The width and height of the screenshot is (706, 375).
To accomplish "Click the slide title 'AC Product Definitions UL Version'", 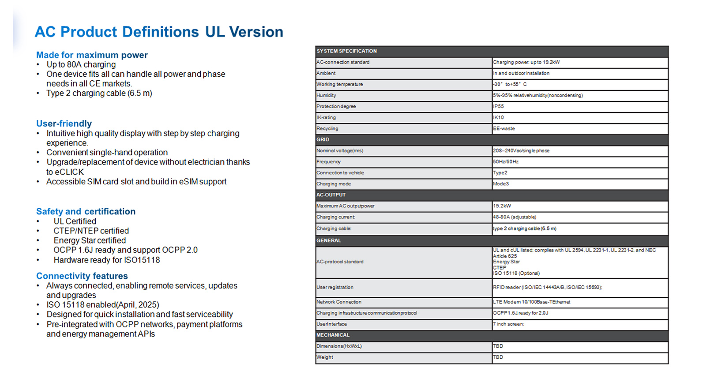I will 159,32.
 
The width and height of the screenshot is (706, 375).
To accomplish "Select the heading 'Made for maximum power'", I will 92,55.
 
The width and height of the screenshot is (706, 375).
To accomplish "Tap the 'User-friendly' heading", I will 64,124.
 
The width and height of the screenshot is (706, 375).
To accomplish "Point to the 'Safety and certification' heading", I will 86,211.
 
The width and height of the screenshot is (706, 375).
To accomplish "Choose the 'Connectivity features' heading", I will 82,276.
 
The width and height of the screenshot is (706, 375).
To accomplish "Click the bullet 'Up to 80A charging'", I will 81,64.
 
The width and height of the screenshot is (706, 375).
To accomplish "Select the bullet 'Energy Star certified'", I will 90,240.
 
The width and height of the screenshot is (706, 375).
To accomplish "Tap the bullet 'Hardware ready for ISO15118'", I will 107,260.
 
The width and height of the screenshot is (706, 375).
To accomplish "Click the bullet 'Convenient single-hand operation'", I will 107,153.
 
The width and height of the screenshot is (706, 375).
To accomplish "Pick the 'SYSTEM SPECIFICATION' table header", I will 347,51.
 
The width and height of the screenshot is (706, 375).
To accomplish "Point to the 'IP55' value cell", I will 499,106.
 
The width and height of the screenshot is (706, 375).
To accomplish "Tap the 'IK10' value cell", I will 499,117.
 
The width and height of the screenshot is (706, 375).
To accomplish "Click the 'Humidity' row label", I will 327,95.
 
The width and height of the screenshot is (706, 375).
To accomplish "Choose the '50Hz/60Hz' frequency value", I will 506,162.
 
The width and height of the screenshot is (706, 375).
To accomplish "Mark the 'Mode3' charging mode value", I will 501,184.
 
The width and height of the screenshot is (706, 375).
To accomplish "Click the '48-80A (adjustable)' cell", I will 515,217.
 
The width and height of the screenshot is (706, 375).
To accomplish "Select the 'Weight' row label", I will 325,357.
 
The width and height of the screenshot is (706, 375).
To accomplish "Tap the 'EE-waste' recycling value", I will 504,128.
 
